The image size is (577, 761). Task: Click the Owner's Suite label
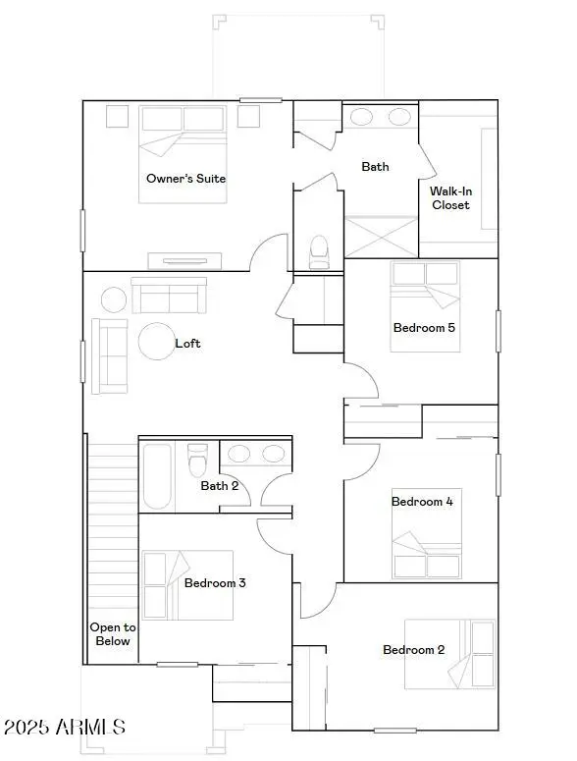tap(185, 179)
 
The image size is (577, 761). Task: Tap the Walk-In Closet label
tap(450, 198)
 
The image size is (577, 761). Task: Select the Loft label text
tap(187, 344)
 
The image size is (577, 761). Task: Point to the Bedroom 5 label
tap(424, 328)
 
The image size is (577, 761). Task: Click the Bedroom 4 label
tap(422, 502)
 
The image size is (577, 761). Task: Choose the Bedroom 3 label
tap(215, 583)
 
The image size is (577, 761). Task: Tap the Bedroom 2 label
tap(414, 650)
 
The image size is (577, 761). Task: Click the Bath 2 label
tap(220, 486)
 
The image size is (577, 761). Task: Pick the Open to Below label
tap(112, 634)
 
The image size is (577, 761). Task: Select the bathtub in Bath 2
tap(156, 477)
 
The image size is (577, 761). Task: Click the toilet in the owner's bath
tap(319, 251)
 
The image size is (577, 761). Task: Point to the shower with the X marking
tap(381, 237)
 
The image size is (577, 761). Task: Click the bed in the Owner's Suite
tap(184, 153)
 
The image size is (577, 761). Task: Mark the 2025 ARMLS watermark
tap(65, 728)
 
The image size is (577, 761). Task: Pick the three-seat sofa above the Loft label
tap(170, 295)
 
